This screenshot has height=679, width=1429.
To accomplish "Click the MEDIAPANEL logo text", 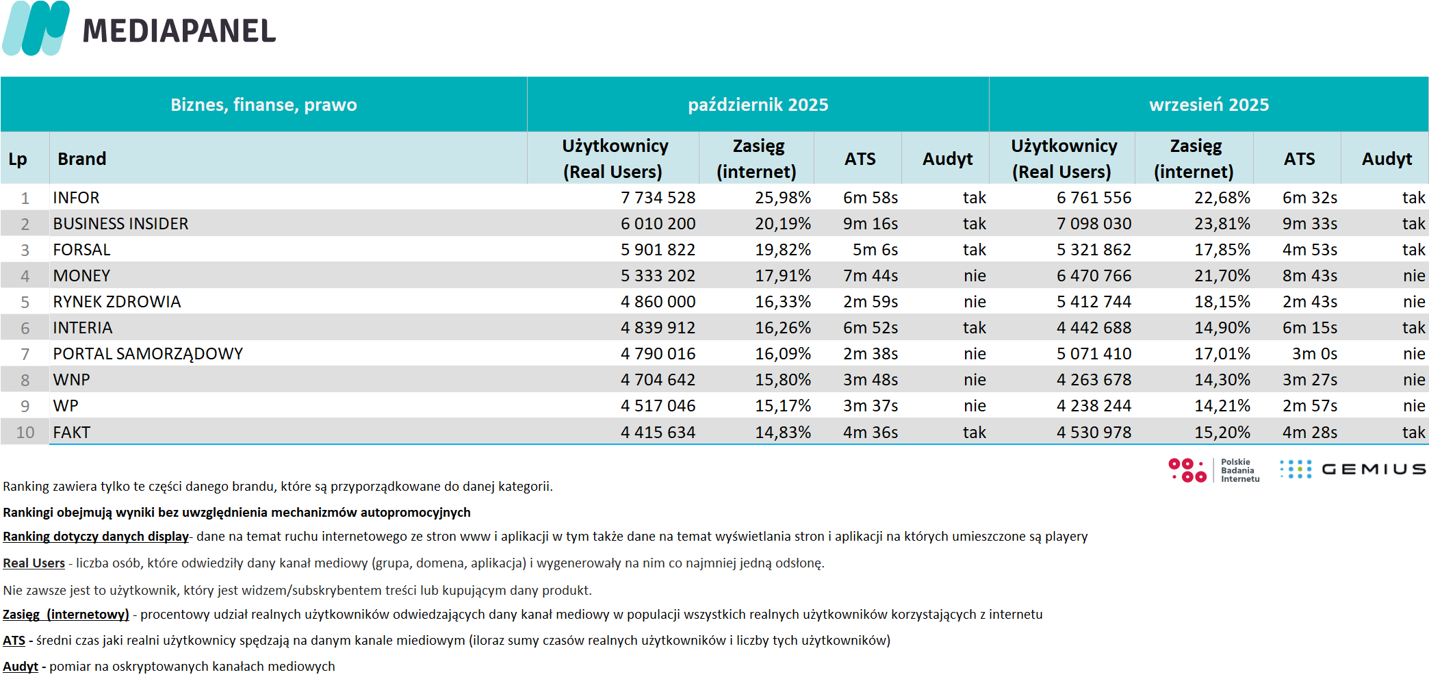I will [x=179, y=31].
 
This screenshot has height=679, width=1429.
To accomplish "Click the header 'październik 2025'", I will [x=758, y=105].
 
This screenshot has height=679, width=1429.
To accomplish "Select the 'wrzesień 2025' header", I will [x=1209, y=105].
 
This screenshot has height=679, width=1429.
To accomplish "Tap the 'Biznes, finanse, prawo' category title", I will [x=263, y=105].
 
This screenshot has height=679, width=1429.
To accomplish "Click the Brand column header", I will [x=82, y=159].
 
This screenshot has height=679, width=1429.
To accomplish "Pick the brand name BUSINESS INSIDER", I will [x=120, y=224].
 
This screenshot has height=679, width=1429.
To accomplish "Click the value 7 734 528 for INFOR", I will [x=658, y=198].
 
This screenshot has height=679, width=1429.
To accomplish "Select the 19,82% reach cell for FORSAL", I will [x=782, y=250].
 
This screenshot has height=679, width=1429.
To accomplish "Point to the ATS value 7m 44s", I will [x=870, y=276].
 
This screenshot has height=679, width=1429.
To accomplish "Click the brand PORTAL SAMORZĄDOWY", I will [x=148, y=354].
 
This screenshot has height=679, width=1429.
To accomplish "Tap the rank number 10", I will [x=25, y=433].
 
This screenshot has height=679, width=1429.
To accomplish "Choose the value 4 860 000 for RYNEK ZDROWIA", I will [x=658, y=302].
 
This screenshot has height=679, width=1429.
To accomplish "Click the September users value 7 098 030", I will [x=1094, y=224].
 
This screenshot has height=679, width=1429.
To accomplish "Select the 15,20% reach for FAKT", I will [x=1222, y=433].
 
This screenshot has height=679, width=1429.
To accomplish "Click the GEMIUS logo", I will [x=1353, y=469].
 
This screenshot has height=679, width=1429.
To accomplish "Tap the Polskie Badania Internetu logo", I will [x=1213, y=470].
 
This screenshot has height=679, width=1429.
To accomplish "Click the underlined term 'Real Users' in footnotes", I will [x=34, y=563].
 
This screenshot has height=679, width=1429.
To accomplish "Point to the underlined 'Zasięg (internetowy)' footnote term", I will [x=66, y=615].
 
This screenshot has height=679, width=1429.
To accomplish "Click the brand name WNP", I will [x=72, y=380].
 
